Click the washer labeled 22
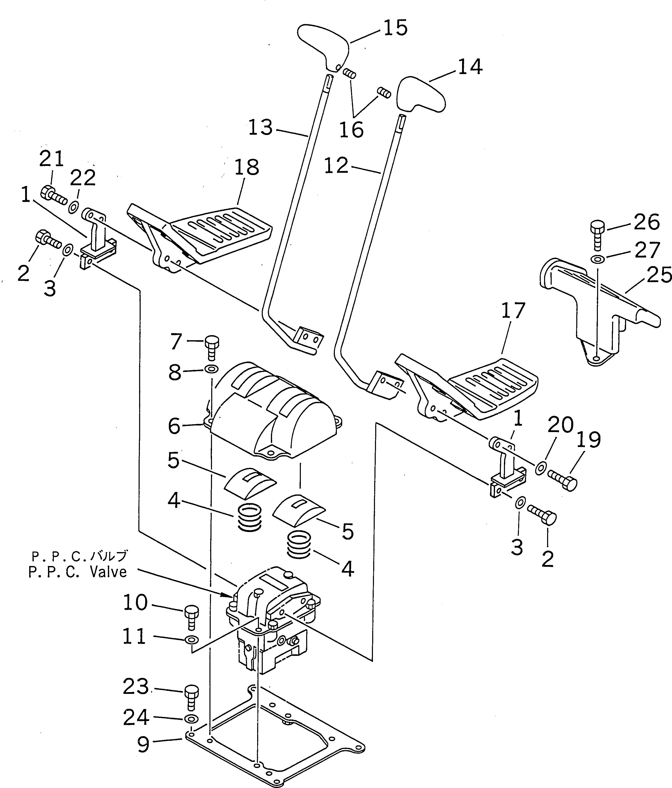[73, 208]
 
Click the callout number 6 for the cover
[174, 426]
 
